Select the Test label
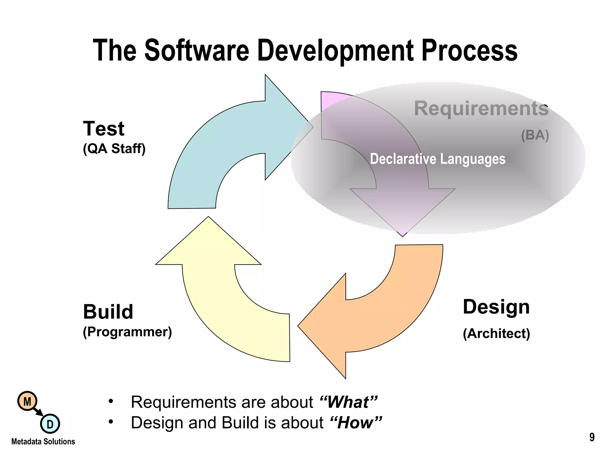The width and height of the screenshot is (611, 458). coord(104,129)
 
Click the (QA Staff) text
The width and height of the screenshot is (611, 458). coord(114,148)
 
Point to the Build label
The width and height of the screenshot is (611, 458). coord(108,312)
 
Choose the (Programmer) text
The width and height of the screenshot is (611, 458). coord(127,332)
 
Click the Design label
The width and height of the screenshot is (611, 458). coord(496,307)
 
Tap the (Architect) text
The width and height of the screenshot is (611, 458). coord(496,333)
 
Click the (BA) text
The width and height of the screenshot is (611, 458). coord(535,135)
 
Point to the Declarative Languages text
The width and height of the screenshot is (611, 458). coord(438,159)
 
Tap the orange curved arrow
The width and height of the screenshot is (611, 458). coord(397,322)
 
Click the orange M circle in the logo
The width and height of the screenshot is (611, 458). coord(27,401)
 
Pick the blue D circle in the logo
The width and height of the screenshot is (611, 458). coord(50,424)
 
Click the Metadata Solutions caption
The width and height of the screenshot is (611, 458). coord(43,442)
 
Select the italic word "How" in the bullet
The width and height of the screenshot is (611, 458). coord(356,423)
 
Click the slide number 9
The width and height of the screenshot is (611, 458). coord(592,437)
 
